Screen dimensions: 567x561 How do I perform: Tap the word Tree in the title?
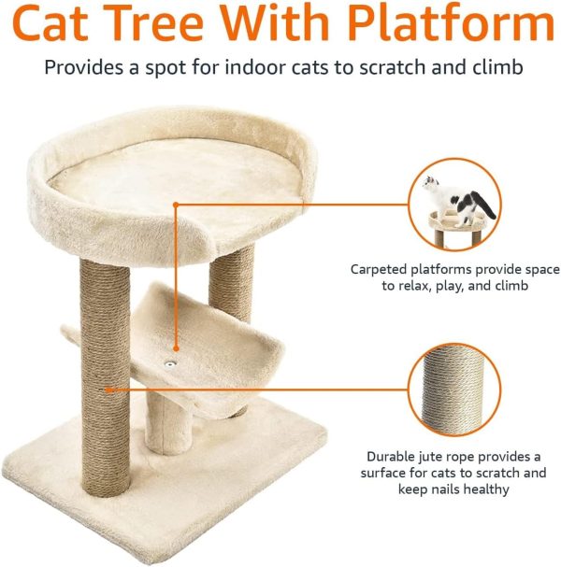pos(192,25)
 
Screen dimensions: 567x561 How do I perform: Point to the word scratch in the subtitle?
pos(397,68)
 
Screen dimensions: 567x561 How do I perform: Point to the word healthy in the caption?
pos(483,489)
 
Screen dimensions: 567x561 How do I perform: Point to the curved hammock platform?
pos(201,350)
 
